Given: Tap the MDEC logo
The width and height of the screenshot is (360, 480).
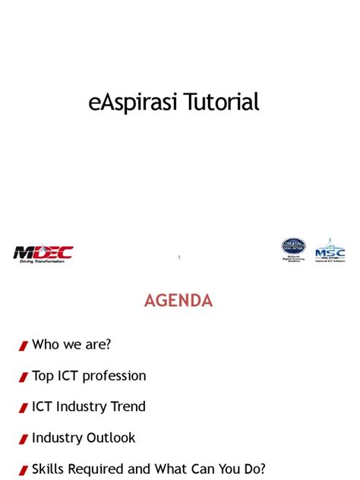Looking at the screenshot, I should (x=43, y=251).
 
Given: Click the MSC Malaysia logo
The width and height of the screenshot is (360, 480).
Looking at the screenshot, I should (x=330, y=250).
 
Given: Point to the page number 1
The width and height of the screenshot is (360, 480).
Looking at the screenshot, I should (x=179, y=258).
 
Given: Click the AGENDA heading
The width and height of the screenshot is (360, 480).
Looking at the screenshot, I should (x=179, y=301).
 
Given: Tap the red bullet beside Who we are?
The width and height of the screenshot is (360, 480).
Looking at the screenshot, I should (x=24, y=346).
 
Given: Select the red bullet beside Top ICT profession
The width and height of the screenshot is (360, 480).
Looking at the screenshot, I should (x=24, y=377).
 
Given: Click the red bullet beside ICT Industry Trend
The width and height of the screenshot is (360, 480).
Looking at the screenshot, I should (x=24, y=409).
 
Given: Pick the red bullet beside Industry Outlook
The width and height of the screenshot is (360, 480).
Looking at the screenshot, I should (x=24, y=439).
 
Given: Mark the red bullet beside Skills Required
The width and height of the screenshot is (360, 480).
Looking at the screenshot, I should (x=24, y=471).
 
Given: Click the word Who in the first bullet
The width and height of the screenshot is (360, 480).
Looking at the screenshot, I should (x=46, y=345).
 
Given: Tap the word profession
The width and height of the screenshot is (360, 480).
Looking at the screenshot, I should (x=115, y=376).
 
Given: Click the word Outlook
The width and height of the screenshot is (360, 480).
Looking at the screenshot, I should (x=110, y=438).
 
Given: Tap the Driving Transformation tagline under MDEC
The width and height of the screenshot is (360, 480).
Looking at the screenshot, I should (x=43, y=261).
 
